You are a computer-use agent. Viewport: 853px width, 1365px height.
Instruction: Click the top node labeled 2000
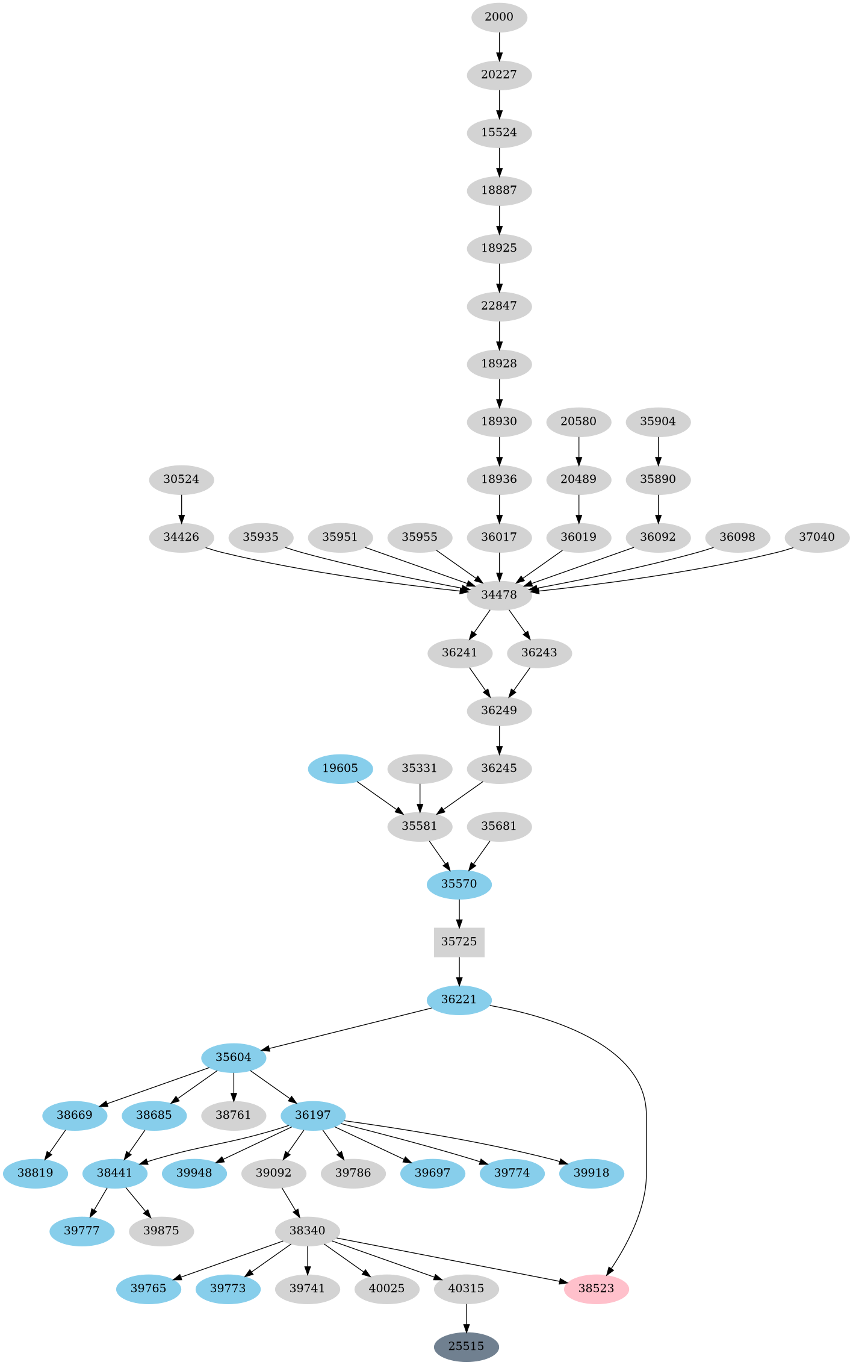[x=499, y=17]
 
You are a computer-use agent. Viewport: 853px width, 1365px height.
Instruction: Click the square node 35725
[x=459, y=942]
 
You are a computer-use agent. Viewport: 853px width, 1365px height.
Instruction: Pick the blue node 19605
[x=340, y=768]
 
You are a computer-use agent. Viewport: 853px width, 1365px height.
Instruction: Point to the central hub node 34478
[x=499, y=595]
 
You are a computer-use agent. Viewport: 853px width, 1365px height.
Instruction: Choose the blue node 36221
[x=459, y=1000]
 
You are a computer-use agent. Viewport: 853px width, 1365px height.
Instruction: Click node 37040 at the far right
[x=817, y=537]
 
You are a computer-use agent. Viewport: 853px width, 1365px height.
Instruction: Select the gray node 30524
[x=181, y=479]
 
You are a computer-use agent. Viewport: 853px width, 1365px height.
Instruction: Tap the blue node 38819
[x=35, y=1173]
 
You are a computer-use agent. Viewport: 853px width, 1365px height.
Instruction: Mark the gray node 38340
[x=308, y=1231]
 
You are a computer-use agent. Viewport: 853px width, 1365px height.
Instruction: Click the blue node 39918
[x=591, y=1173]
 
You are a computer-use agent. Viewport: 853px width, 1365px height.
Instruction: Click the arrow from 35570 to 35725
[x=459, y=913]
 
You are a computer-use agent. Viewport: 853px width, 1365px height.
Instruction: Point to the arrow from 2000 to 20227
[x=499, y=46]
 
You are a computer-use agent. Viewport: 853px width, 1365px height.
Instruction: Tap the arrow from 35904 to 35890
[x=658, y=450]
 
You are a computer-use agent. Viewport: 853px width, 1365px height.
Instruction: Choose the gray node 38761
[x=234, y=1115]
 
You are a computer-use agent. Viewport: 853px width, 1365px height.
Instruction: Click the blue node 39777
[x=82, y=1231]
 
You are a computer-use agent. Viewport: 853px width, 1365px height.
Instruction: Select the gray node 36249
[x=499, y=710]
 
